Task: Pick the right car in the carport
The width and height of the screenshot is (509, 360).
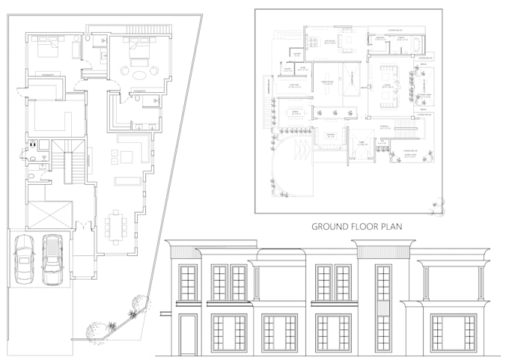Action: (52, 259)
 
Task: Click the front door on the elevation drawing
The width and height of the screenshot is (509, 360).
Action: (188, 335)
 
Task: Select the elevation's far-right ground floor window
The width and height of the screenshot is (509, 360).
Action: (453, 333)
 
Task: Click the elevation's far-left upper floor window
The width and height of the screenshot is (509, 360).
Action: (188, 283)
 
